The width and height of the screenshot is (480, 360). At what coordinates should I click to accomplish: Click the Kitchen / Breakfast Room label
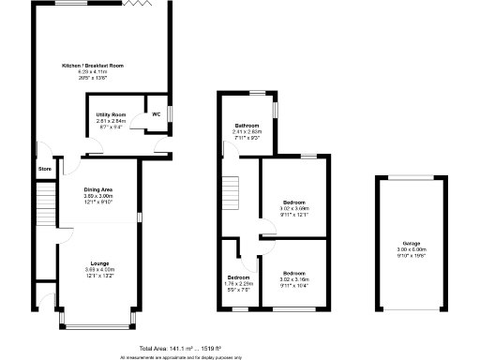point(92,66)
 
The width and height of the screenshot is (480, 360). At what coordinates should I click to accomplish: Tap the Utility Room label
point(111,114)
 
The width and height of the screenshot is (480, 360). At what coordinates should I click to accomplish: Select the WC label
point(156,114)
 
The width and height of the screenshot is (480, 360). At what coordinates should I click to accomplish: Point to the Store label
point(44,169)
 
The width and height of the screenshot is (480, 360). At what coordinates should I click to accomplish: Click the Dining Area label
point(98,189)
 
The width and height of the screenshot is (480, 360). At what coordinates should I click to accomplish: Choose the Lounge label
point(98,263)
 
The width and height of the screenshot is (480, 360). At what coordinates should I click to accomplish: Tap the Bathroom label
point(247,126)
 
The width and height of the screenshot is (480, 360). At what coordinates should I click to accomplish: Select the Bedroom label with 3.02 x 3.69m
point(294,202)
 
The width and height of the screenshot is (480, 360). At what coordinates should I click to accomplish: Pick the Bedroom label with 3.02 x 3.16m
point(294,272)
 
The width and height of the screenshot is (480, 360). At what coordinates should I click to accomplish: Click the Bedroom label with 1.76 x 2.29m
point(238,277)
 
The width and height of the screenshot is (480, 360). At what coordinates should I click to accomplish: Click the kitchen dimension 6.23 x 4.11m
point(92,72)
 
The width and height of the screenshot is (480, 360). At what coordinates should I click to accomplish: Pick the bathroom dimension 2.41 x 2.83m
point(247,132)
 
